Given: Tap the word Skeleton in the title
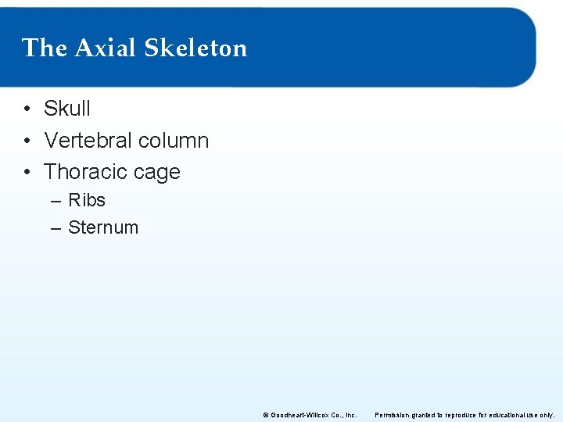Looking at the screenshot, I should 195,48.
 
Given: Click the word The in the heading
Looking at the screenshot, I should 45,48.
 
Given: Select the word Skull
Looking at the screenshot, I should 67,109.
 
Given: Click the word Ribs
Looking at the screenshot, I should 87,200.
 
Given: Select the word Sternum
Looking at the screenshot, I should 103,227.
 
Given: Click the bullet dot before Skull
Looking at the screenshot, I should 27,109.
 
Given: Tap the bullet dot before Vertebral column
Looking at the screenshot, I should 27,141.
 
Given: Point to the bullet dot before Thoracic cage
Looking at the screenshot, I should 27,172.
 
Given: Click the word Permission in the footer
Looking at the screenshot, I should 393,415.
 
